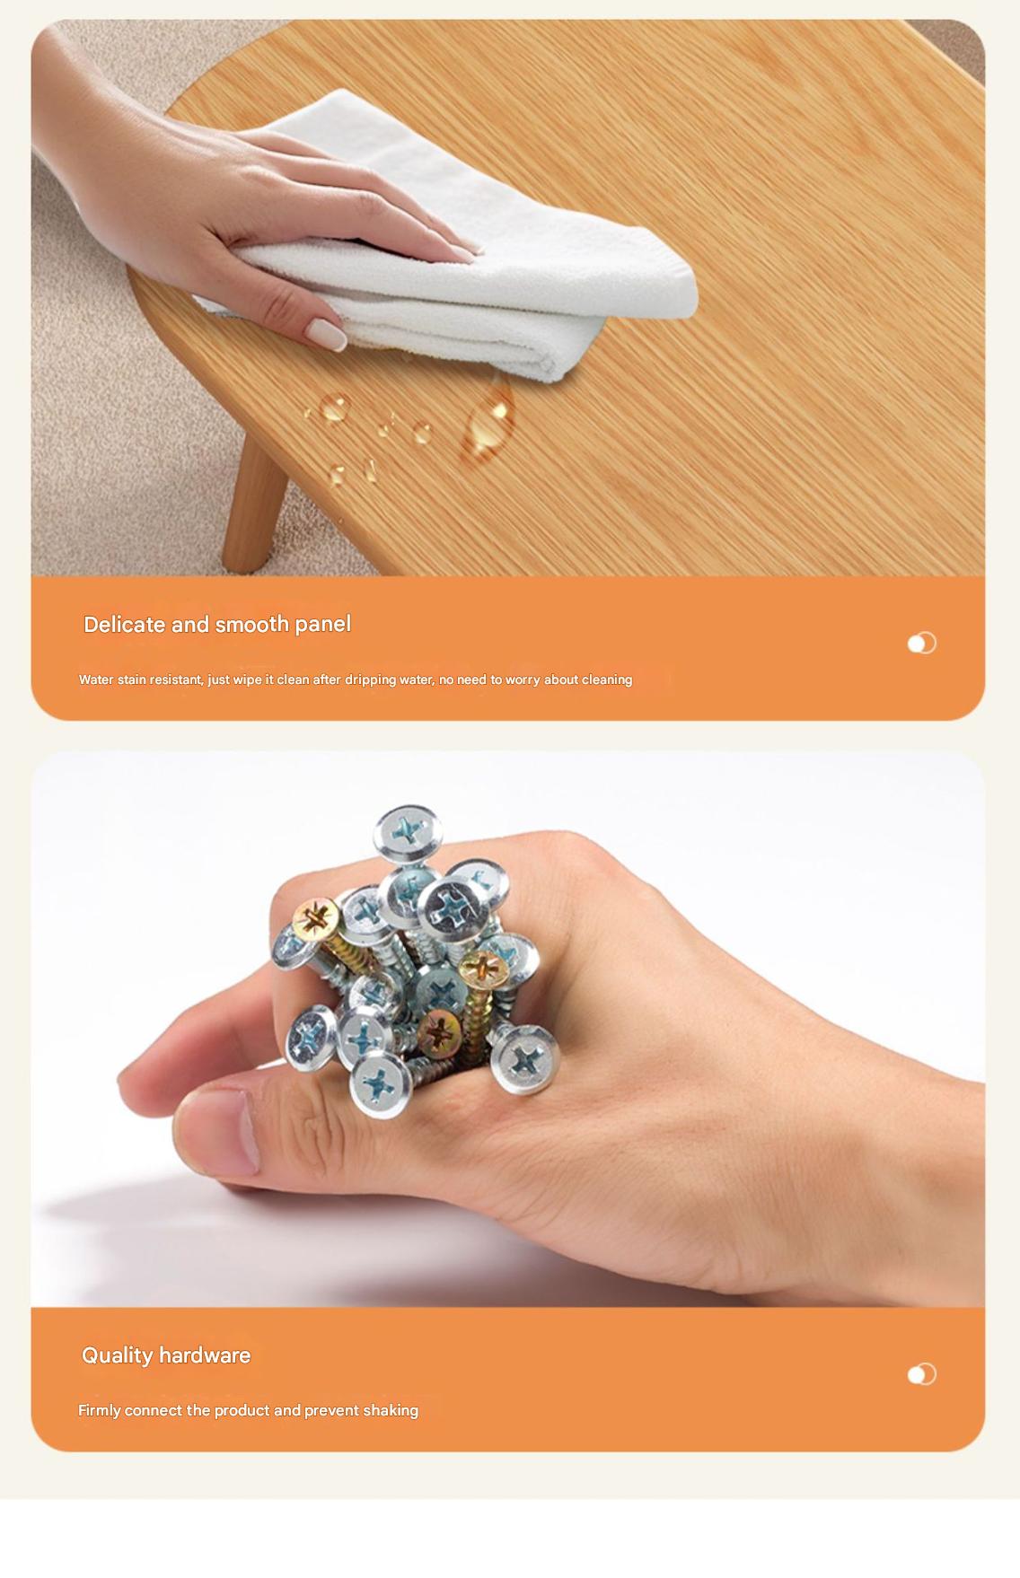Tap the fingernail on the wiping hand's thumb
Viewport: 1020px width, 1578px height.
point(326,333)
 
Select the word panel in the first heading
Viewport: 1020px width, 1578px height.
point(322,625)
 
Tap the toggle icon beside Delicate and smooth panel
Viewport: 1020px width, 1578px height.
point(921,644)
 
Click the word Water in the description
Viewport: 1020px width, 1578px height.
point(96,679)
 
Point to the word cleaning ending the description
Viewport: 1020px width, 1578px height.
point(607,679)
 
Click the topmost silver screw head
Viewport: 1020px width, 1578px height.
point(409,833)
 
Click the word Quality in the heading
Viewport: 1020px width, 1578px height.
point(118,1355)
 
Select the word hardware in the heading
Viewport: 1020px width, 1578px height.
point(206,1355)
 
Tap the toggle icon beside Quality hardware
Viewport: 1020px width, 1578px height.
point(921,1374)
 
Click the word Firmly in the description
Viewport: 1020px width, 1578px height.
point(99,1410)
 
